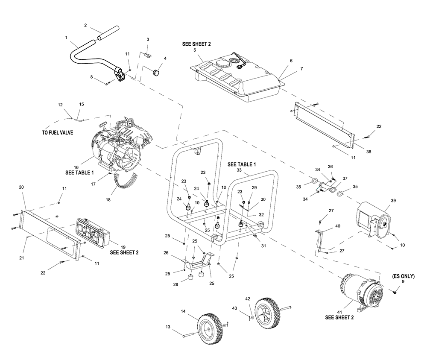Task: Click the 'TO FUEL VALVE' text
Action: pos(58,133)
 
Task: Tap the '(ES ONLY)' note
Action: pos(404,276)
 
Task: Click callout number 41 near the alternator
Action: pos(339,312)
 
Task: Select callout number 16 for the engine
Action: pos(76,167)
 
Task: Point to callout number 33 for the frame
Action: pos(239,170)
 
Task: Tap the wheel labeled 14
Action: pos(209,329)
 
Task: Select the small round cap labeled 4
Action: pos(156,73)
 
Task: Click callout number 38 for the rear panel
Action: pos(369,152)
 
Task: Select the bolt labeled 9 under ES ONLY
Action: pos(394,292)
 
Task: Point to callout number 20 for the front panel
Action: pos(21,187)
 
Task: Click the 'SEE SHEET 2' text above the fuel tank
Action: pos(196,44)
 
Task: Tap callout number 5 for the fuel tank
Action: pos(195,50)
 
